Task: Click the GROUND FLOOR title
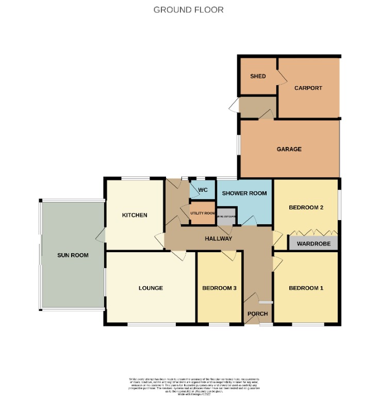(x=189, y=10)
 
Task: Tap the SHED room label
(x=258, y=76)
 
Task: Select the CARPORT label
(x=308, y=88)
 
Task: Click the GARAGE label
(x=289, y=149)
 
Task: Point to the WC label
(x=203, y=190)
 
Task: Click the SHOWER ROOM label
(x=244, y=193)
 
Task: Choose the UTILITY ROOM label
(x=202, y=213)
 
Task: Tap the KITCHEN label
(x=135, y=215)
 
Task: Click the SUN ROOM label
(x=73, y=255)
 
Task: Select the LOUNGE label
(x=151, y=288)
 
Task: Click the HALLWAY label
(x=219, y=239)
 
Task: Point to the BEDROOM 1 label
(x=306, y=288)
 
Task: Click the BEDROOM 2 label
(x=306, y=208)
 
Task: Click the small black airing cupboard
(x=227, y=216)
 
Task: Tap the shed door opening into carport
(x=282, y=77)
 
